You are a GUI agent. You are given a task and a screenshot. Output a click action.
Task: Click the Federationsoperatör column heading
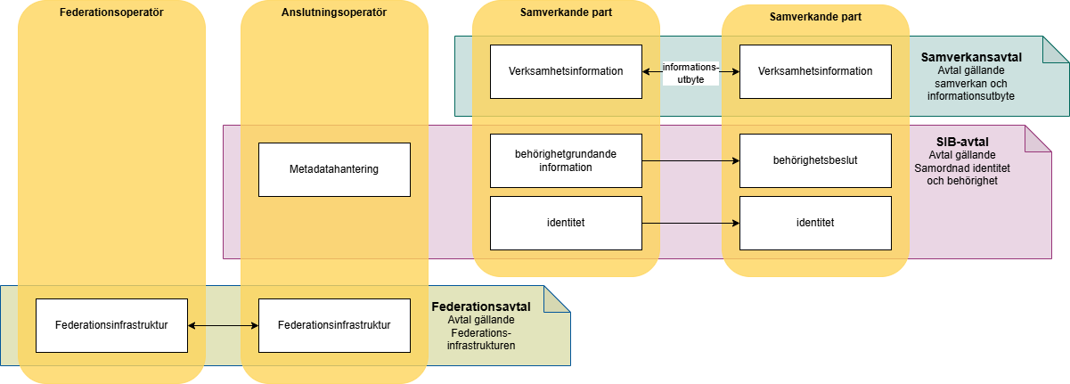click(x=111, y=14)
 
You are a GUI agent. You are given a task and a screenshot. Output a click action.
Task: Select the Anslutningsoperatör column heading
click(x=334, y=14)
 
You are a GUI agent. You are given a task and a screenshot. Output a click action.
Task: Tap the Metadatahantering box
click(x=334, y=169)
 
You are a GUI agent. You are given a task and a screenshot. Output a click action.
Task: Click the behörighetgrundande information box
click(x=566, y=160)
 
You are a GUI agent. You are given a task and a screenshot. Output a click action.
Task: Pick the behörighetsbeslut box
click(x=815, y=160)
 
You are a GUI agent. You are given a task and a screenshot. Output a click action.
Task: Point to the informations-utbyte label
click(x=690, y=72)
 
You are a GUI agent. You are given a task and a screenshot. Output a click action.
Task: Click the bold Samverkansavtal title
click(x=971, y=57)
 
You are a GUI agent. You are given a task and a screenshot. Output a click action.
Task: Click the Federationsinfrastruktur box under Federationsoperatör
click(x=111, y=325)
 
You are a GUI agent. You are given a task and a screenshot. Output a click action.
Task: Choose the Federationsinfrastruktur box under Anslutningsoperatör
click(x=334, y=325)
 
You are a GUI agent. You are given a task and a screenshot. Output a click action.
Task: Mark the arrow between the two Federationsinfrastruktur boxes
click(x=223, y=326)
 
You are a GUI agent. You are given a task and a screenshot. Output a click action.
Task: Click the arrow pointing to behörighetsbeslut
click(x=690, y=161)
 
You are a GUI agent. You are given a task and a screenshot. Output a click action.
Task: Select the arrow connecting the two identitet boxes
click(x=690, y=223)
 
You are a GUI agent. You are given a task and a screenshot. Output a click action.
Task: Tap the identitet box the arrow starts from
click(x=566, y=223)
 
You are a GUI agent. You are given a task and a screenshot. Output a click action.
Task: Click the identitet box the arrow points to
click(x=815, y=223)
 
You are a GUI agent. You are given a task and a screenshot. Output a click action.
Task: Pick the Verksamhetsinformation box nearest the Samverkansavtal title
click(x=815, y=71)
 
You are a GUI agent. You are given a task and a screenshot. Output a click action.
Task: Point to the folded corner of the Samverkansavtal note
click(x=1058, y=49)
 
